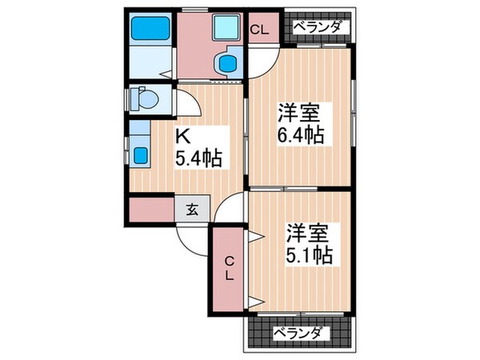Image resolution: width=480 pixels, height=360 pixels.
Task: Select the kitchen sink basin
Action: (139, 153)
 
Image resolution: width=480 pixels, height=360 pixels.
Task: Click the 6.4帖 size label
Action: (301, 134)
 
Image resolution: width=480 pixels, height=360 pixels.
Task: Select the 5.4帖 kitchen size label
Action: (197, 157)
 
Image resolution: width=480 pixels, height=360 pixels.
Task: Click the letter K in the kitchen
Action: (182, 136)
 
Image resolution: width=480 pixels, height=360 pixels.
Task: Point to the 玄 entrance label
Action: (193, 210)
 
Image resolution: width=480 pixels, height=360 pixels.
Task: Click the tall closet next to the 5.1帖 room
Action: (229, 269)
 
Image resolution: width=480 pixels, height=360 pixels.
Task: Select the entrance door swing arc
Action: (192, 238)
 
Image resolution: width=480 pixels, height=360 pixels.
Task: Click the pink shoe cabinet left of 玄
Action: (151, 210)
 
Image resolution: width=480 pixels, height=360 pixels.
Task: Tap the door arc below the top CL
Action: (262, 62)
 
